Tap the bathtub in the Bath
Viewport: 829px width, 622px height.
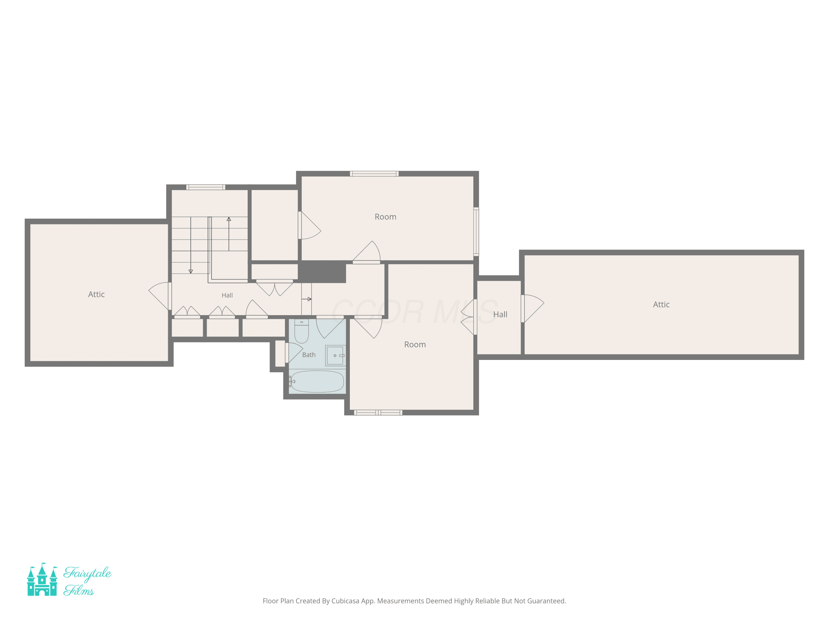click(x=317, y=381)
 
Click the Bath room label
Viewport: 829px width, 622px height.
click(x=309, y=355)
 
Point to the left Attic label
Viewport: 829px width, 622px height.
click(x=96, y=294)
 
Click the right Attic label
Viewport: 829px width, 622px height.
click(x=661, y=304)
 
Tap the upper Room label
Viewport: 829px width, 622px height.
click(x=385, y=217)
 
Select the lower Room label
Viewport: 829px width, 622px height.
click(x=415, y=344)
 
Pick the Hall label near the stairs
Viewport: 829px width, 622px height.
click(x=227, y=296)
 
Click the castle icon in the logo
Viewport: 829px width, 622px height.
click(x=42, y=579)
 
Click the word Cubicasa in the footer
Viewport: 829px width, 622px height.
click(x=345, y=601)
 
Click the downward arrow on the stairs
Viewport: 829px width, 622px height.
click(x=190, y=245)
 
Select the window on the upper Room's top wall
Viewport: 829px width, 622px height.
click(x=374, y=174)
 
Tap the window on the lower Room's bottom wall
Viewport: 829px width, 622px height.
click(x=378, y=412)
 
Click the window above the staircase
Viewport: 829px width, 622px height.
click(x=206, y=187)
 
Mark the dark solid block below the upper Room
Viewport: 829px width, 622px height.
click(x=322, y=272)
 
